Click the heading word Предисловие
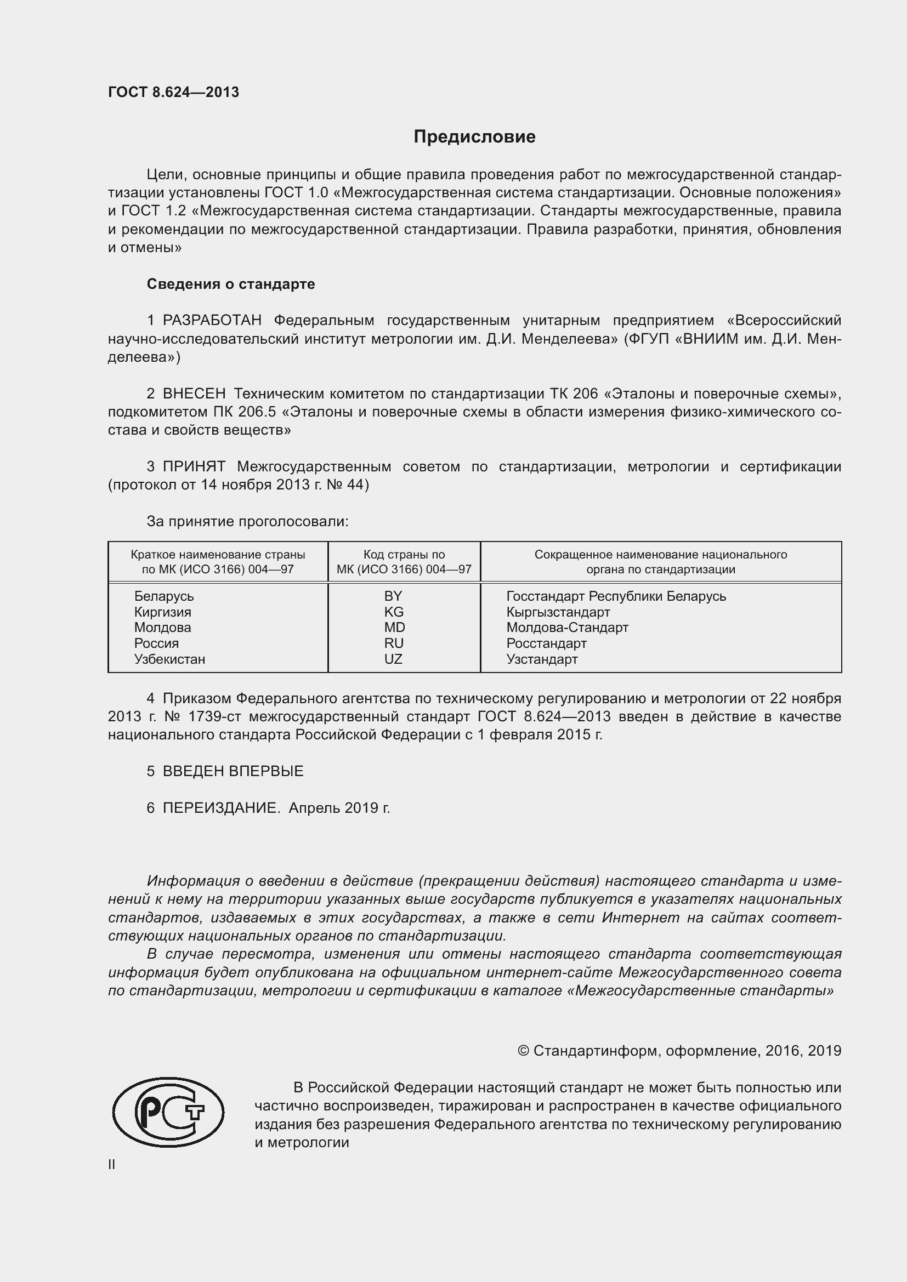(474, 137)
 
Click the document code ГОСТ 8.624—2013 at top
(173, 92)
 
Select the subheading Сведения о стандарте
(231, 284)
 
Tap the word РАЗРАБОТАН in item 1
(212, 321)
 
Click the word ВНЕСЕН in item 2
(194, 394)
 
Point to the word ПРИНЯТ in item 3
(194, 466)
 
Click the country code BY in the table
(393, 596)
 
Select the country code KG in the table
(393, 612)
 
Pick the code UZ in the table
(393, 659)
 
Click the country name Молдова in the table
(162, 628)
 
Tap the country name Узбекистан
(170, 659)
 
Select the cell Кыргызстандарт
(558, 612)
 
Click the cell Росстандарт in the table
(546, 643)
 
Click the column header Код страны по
(404, 555)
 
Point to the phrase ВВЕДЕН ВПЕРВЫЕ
(233, 771)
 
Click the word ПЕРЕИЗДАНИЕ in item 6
(221, 808)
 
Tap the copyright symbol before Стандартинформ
(523, 1051)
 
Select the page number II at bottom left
(112, 1165)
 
